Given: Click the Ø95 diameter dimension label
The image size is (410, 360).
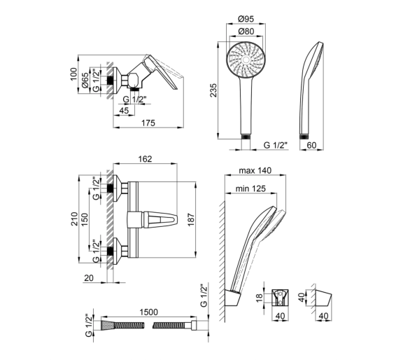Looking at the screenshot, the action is pos(246,19).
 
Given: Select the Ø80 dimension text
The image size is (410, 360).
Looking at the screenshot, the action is pos(246,31).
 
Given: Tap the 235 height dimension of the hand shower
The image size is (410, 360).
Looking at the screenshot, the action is pos(213,90).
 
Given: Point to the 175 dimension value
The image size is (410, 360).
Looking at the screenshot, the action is pos(148,123).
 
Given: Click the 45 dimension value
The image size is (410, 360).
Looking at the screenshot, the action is pos(124,110).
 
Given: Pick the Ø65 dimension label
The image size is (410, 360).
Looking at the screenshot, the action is pos(85,81).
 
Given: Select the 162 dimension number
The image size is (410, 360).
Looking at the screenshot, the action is pos(145,159).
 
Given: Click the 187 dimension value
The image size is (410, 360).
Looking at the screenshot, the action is pos(191,219).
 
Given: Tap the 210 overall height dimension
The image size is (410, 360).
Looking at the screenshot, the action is pos(74,219).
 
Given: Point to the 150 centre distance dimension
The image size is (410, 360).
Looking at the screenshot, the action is pos(85,219).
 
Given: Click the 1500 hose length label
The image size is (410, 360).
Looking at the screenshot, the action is pos(149,312).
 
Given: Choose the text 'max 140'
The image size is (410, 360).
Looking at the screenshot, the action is pos(255,170).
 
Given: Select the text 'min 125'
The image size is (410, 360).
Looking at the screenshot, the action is pos(250,188).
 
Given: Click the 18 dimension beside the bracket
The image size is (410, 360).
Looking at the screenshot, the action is pos(259,298).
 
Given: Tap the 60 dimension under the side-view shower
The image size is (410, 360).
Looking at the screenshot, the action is pos(311,145).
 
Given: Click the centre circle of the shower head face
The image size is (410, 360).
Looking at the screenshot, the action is pos(246,60).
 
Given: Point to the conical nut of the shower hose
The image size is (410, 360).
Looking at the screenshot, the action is pos(107,325).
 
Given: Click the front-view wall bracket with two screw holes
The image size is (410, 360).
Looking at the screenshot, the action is pos(280,298).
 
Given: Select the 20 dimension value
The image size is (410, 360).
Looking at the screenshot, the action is pos(89,278).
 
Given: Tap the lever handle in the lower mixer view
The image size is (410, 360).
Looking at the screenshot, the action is pos(160,219).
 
